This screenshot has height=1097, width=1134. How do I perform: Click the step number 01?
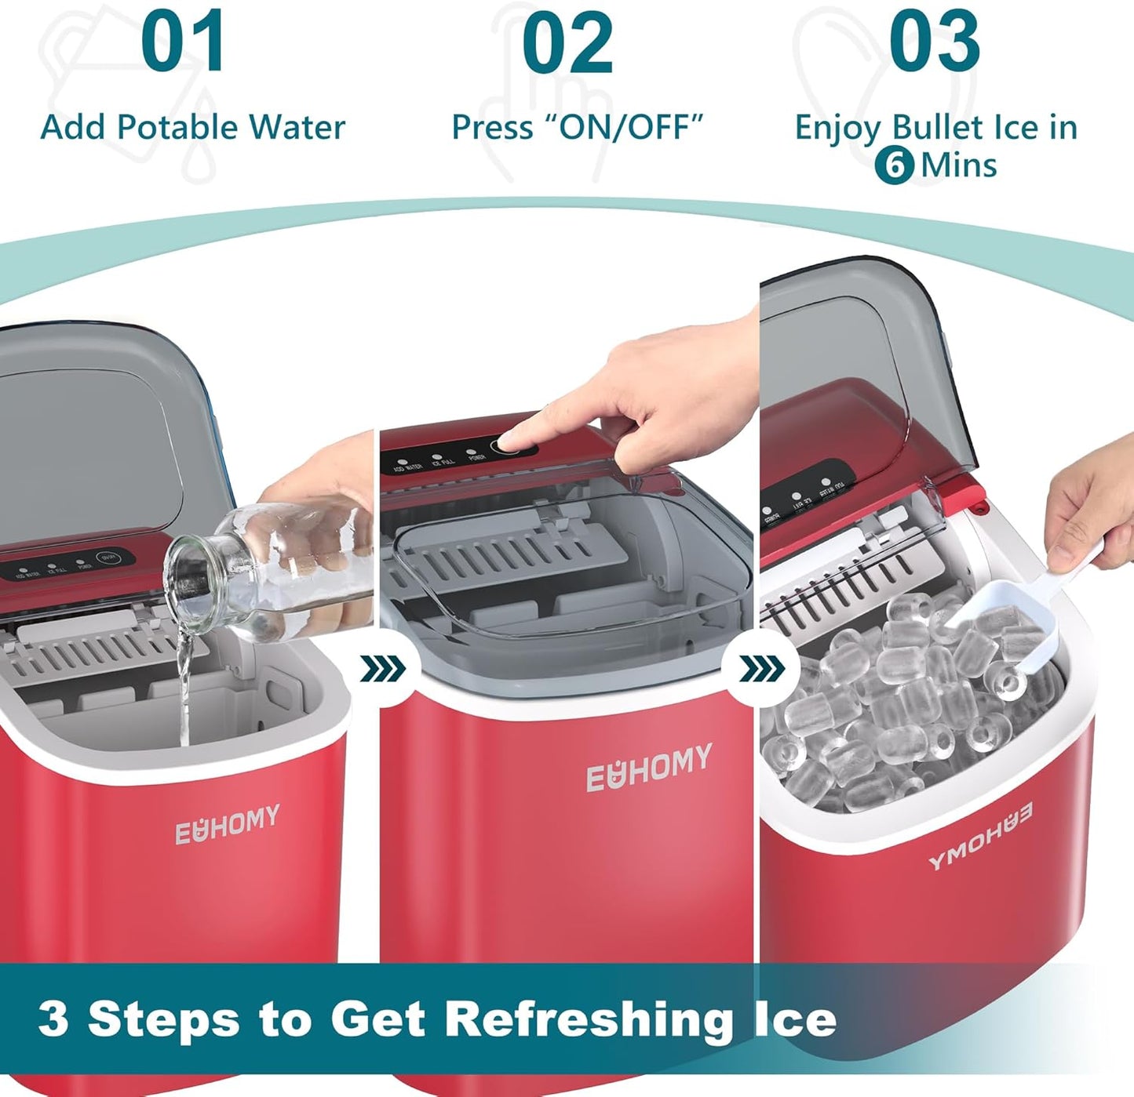click(x=184, y=42)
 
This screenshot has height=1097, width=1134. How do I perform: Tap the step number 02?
click(x=567, y=42)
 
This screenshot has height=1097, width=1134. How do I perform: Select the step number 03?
click(x=934, y=42)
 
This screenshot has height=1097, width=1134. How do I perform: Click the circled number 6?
click(x=894, y=165)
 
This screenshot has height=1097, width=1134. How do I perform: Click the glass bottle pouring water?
click(x=267, y=566)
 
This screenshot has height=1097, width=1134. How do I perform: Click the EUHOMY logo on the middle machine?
click(x=649, y=766)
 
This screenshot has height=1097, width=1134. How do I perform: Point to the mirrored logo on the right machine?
click(x=981, y=836)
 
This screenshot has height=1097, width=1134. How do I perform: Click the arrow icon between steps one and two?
click(x=384, y=669)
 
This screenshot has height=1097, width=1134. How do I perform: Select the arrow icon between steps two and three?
click(x=762, y=669)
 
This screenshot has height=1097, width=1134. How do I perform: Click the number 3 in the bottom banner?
click(x=53, y=1019)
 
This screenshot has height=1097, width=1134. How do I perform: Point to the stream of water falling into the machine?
click(x=184, y=690)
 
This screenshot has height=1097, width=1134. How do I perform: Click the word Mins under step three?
click(x=958, y=165)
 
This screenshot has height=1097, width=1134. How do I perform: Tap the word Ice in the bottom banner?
click(x=794, y=1019)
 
